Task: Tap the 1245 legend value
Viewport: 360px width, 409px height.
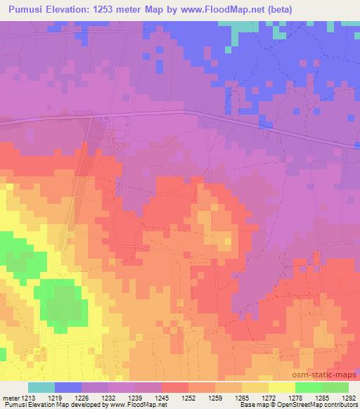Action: [x=162, y=398]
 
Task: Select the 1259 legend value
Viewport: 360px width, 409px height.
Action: [x=215, y=398]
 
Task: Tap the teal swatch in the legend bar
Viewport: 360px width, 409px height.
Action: [x=41, y=387]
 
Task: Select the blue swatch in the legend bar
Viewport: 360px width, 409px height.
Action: [x=69, y=387]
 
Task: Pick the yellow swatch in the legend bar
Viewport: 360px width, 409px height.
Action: [x=281, y=387]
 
